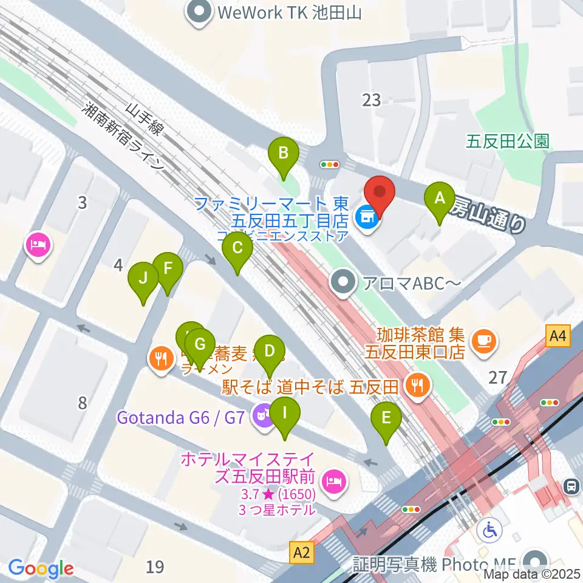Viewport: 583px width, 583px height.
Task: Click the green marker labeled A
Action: coord(441,199)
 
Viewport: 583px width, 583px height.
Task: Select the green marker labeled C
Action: coord(237,249)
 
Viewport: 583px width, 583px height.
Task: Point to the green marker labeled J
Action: coord(143,279)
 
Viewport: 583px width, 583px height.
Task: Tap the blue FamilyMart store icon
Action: coord(366,214)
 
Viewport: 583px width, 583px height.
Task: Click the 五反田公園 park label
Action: coord(508,141)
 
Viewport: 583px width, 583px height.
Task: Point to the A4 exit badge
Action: coord(559,335)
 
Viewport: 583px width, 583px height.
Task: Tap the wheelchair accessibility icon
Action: coord(488,530)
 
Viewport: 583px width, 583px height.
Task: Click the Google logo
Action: coord(41,568)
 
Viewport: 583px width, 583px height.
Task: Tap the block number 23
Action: coord(371,100)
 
